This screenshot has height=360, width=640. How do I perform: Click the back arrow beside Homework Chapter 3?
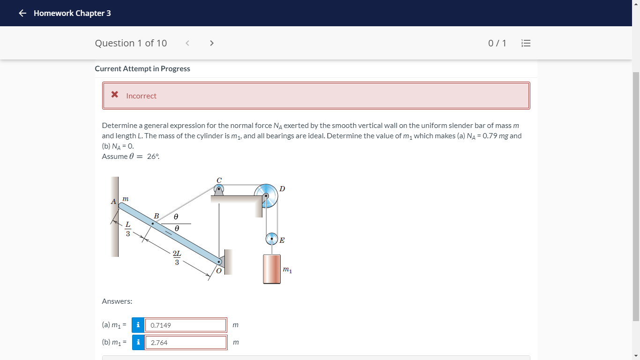[22, 13]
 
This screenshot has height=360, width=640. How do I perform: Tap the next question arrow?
[212, 43]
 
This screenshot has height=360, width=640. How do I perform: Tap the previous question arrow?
[187, 43]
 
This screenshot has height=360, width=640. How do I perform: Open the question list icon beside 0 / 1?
[526, 43]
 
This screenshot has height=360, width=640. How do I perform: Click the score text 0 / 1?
[497, 43]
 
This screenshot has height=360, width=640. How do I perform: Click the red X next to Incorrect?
[115, 95]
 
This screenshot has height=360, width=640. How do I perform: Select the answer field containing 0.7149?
[186, 325]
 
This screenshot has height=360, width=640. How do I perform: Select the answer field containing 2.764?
[186, 342]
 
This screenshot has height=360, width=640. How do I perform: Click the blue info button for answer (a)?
[138, 325]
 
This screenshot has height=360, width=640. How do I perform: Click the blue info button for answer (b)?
[138, 342]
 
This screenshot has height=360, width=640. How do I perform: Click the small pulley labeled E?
[272, 239]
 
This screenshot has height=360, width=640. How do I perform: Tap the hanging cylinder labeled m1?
[272, 269]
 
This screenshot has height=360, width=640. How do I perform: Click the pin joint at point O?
[219, 262]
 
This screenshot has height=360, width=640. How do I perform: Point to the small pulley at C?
[219, 189]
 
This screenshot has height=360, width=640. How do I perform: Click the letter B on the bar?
[156, 216]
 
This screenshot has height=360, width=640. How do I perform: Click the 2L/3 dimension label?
[177, 258]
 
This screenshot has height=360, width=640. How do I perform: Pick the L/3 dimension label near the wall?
[127, 229]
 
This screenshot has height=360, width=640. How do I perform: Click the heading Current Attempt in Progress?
[142, 68]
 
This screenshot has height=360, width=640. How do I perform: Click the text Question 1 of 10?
[131, 43]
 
